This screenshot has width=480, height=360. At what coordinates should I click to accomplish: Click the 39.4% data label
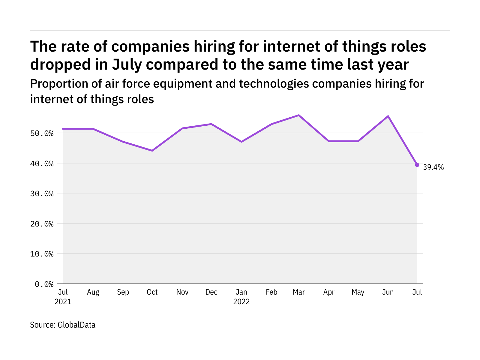tap(433, 167)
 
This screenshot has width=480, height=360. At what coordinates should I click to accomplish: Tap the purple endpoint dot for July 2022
tap(417, 165)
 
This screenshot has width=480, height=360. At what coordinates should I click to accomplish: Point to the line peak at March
tap(299, 115)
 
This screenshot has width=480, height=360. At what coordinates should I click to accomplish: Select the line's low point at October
tap(152, 151)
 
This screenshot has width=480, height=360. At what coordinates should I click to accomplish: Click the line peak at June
tap(388, 116)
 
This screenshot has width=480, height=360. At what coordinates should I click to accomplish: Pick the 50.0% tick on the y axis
tap(42, 133)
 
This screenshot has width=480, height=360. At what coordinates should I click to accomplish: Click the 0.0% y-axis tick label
tap(44, 284)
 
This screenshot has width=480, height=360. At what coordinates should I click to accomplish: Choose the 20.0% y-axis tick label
tap(42, 224)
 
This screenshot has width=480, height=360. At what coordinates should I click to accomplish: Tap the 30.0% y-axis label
tap(42, 193)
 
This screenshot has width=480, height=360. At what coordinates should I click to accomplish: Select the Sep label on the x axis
tap(123, 292)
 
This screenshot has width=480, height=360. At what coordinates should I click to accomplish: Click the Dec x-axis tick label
tap(211, 292)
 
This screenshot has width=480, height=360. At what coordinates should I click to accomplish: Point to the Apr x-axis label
tap(329, 292)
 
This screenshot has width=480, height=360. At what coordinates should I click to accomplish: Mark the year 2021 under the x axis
tap(63, 301)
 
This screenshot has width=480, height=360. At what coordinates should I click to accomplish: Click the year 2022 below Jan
tap(241, 301)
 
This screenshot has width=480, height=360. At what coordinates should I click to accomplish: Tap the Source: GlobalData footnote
tap(63, 325)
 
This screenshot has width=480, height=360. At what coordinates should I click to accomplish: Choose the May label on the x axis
tap(358, 292)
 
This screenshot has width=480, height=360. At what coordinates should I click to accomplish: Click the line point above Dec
tap(211, 124)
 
